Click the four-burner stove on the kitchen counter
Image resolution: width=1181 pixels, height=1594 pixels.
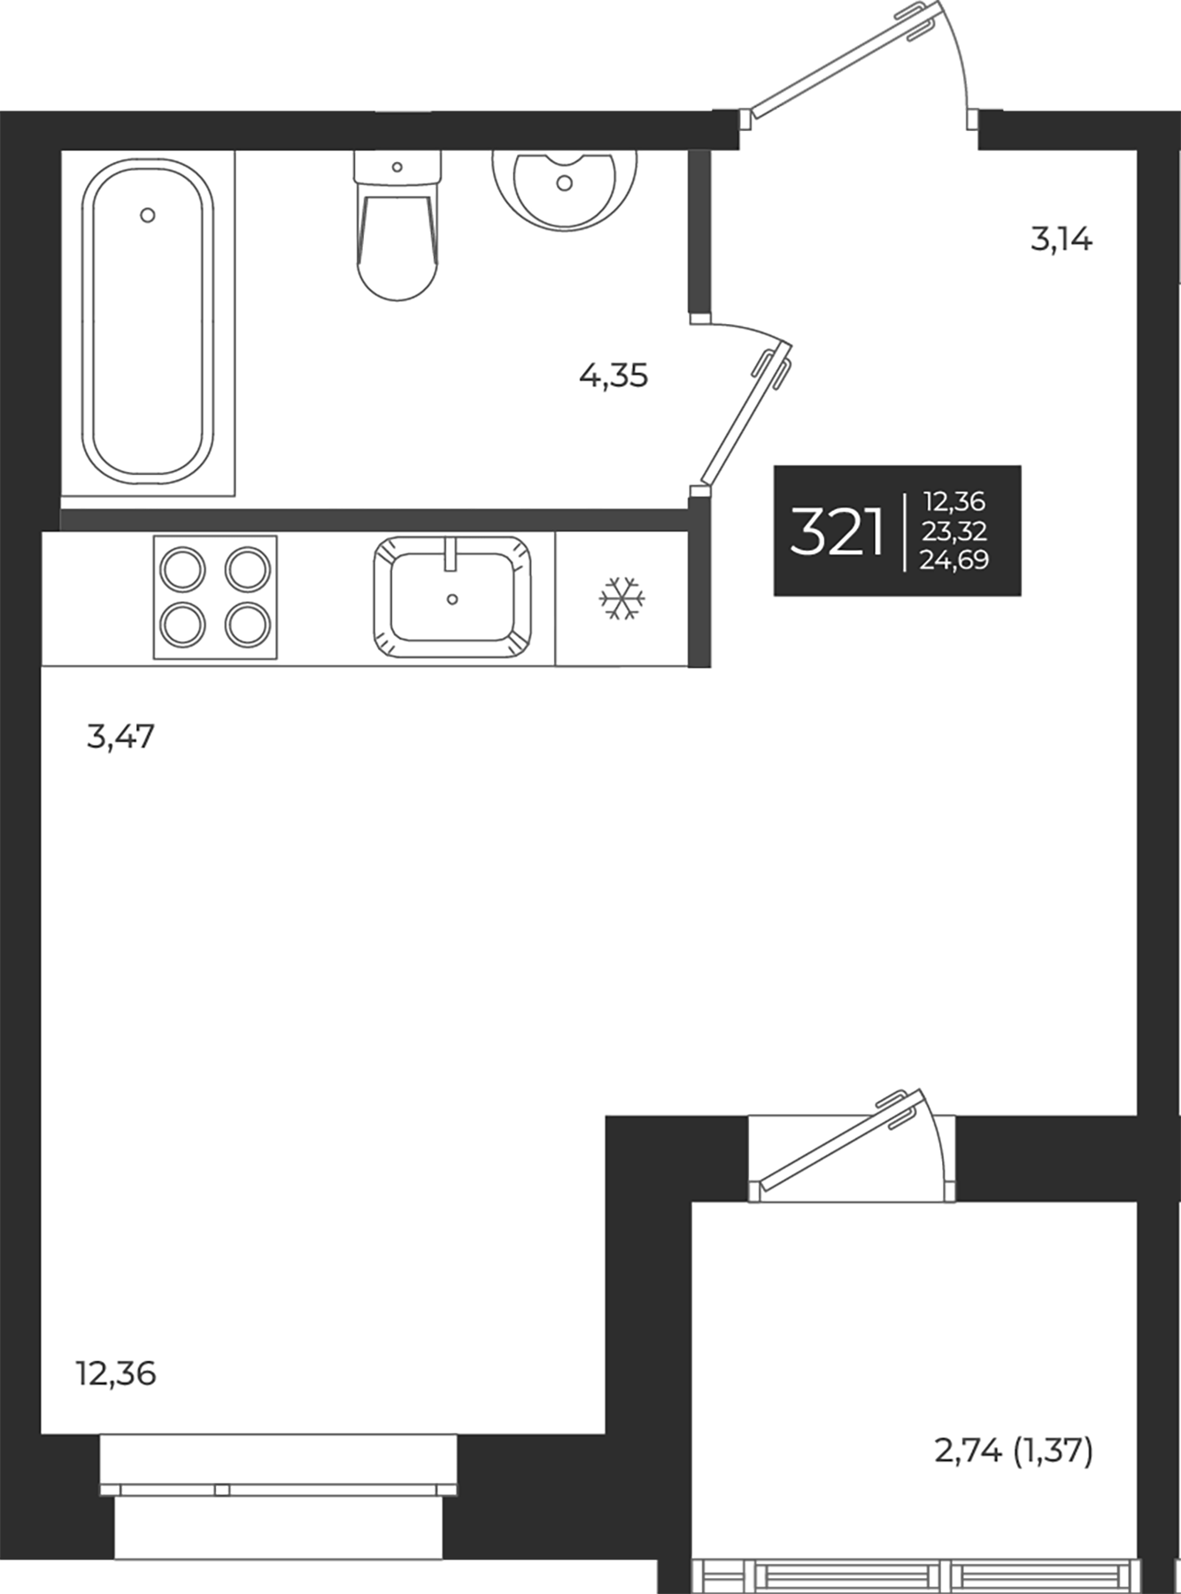pyautogui.click(x=215, y=597)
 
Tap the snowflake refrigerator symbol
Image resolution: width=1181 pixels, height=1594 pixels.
pyautogui.click(x=622, y=599)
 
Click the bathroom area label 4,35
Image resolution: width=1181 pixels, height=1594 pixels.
pyautogui.click(x=614, y=376)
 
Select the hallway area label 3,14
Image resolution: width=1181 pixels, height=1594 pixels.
pyautogui.click(x=1061, y=239)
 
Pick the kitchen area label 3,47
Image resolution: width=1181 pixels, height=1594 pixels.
pyautogui.click(x=120, y=736)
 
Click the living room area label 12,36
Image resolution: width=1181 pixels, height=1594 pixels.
pyautogui.click(x=116, y=1373)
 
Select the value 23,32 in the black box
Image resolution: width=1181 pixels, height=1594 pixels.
pyautogui.click(x=954, y=531)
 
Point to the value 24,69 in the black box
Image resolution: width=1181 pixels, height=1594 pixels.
pyautogui.click(x=954, y=560)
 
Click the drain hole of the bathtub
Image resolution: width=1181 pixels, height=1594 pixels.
pyautogui.click(x=148, y=215)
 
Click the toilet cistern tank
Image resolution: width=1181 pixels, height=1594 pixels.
pyautogui.click(x=397, y=166)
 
